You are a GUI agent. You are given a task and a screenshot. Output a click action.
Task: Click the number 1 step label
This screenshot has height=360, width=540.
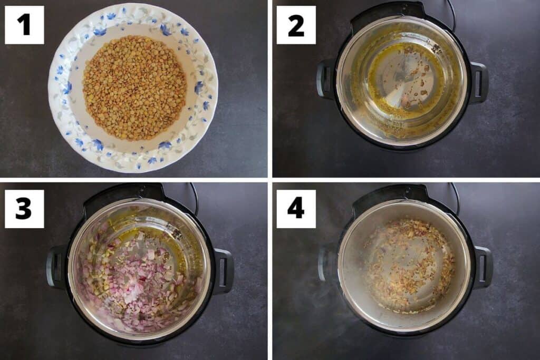tap(24, 25)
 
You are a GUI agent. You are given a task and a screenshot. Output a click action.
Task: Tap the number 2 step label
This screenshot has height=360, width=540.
tap(296, 25)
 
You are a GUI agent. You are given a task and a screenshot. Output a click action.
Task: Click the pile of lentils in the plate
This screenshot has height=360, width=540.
tap(134, 87)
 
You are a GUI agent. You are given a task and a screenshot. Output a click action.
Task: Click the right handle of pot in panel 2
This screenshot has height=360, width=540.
tap(479, 82)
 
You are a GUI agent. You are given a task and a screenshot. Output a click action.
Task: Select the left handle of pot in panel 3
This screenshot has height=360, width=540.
tap(55, 267)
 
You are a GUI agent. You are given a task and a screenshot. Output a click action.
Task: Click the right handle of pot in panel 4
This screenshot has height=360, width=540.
tap(483, 267)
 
